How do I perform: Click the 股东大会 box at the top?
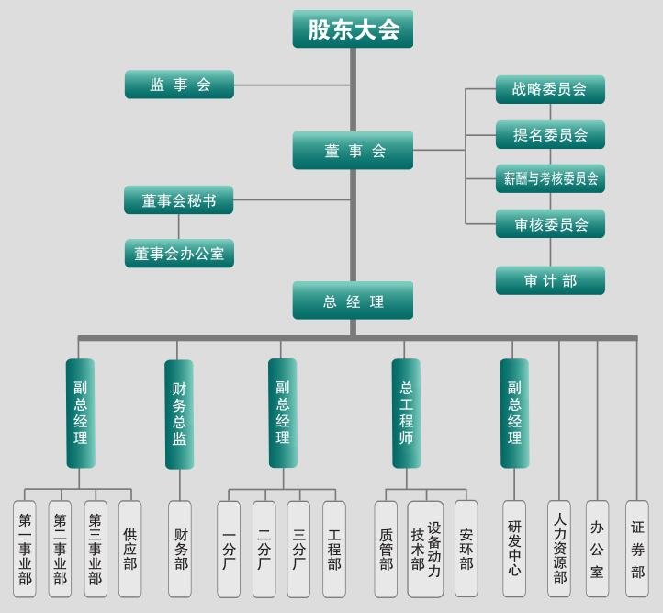click(x=353, y=29)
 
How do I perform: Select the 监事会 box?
click(x=180, y=85)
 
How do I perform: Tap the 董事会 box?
click(x=353, y=151)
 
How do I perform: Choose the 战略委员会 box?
click(x=550, y=89)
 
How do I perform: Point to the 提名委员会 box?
click(x=550, y=134)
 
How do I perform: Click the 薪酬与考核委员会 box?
click(x=550, y=178)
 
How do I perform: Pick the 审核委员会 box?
click(x=550, y=223)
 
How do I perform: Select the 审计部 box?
click(x=550, y=280)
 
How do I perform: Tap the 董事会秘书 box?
click(x=179, y=199)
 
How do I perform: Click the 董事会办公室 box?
click(x=179, y=253)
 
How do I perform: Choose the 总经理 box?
click(x=353, y=301)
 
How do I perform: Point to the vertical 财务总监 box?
click(x=179, y=414)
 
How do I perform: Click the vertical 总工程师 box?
click(x=406, y=413)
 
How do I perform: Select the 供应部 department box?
click(x=130, y=549)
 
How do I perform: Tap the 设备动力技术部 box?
click(x=425, y=549)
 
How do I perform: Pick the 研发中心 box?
click(x=514, y=549)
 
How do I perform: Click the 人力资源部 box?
click(x=559, y=549)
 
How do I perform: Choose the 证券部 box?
click(x=637, y=549)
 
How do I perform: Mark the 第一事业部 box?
click(x=25, y=549)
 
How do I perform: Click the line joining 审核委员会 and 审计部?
click(x=551, y=252)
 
